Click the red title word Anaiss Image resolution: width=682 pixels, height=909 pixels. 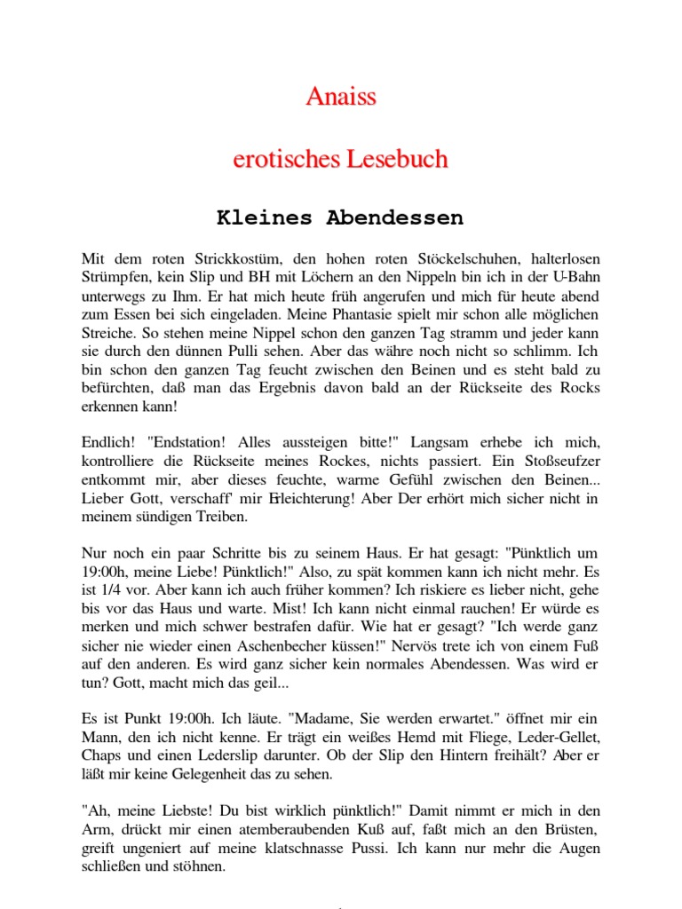pyautogui.click(x=341, y=97)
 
